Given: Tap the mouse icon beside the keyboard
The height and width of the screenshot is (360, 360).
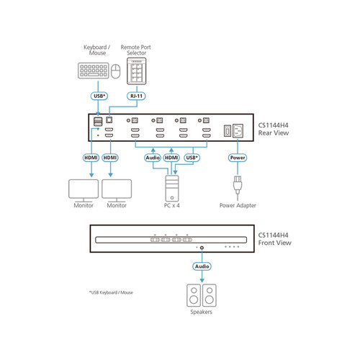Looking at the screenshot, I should (x=115, y=71).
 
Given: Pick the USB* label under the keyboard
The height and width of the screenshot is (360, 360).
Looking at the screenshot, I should (x=99, y=95).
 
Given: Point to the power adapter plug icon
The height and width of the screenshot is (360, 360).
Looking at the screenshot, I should (x=237, y=186).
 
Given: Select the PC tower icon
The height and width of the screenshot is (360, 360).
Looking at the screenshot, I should (x=171, y=189).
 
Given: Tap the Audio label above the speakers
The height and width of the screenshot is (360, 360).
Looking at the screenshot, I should (x=201, y=266).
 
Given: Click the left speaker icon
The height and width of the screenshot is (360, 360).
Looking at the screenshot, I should (x=192, y=294).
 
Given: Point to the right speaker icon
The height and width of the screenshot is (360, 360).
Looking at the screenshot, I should (x=210, y=294).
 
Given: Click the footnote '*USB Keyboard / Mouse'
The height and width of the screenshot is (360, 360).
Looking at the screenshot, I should (x=111, y=292).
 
